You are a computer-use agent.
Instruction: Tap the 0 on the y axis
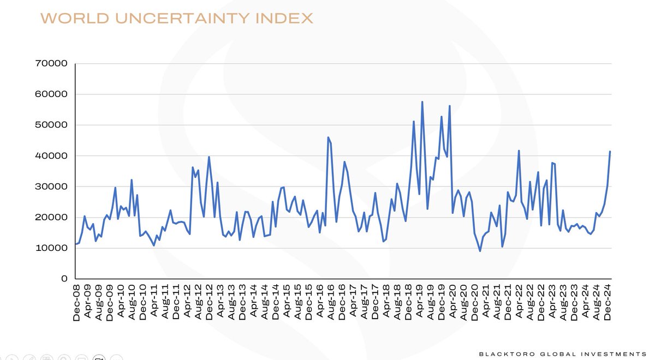(63, 279)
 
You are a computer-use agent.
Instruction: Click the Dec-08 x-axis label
(77, 301)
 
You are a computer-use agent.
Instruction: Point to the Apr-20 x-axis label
(452, 301)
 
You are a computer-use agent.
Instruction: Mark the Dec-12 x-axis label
(209, 301)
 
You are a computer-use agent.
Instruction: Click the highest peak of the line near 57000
(422, 102)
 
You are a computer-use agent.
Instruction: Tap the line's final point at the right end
(610, 152)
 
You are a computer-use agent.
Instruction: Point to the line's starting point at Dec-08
(75, 244)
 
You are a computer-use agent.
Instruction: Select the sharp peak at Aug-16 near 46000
(328, 137)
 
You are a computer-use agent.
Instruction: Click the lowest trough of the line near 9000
(480, 251)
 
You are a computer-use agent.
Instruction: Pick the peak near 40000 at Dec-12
(209, 157)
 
